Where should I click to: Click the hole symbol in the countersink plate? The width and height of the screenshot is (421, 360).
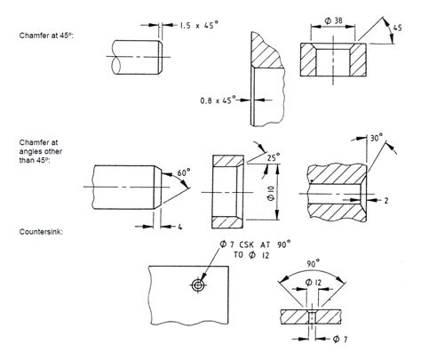[x=195, y=284]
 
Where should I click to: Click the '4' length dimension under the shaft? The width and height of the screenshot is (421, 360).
[x=179, y=227]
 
